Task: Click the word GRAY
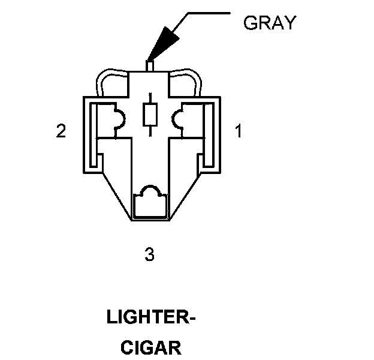[x=270, y=23]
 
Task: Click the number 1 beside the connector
[x=238, y=131]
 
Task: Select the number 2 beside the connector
[x=61, y=131]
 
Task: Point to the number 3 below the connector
[x=150, y=254]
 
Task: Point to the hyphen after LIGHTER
[x=192, y=319]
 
